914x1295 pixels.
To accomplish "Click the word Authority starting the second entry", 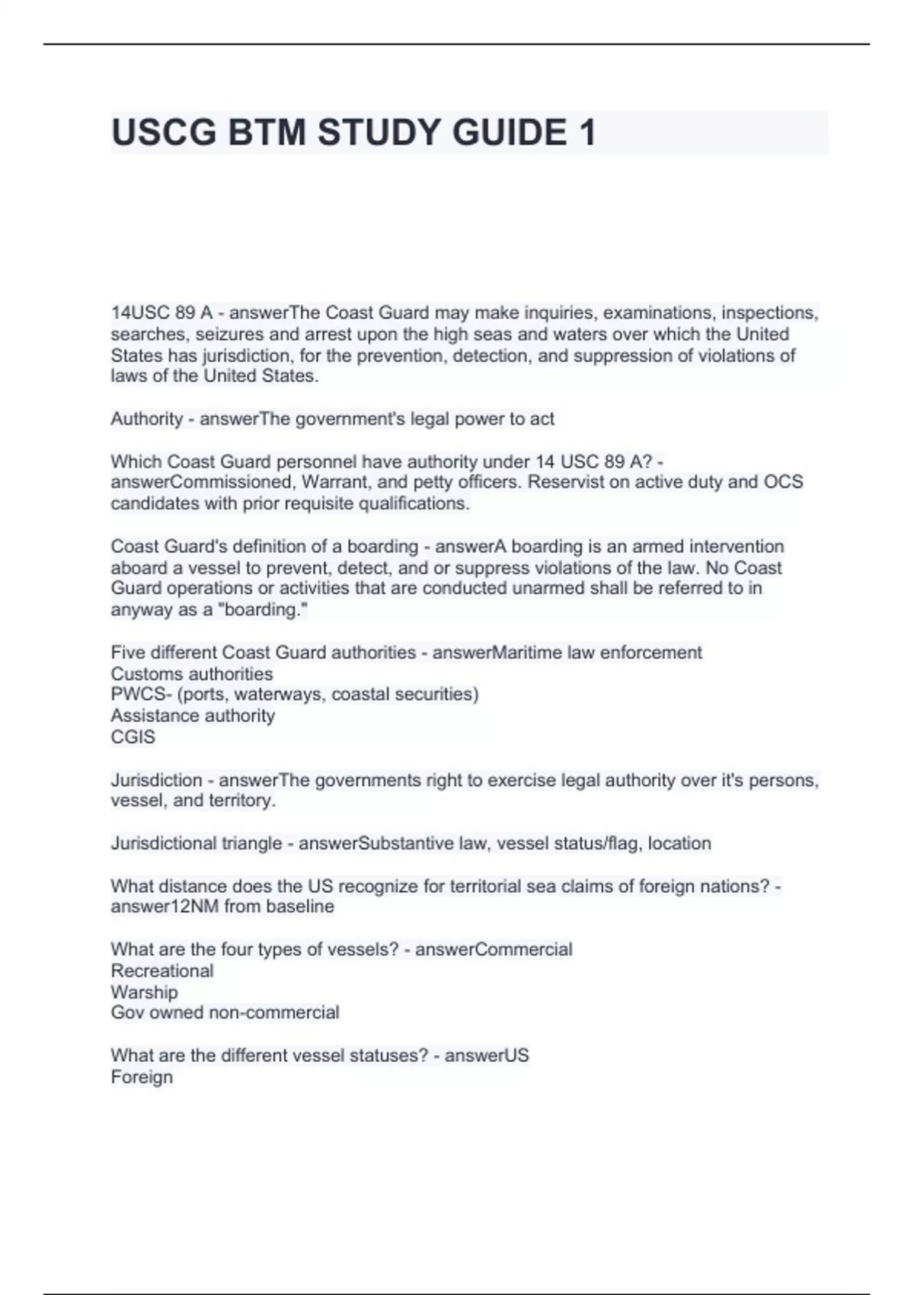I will click(x=146, y=419).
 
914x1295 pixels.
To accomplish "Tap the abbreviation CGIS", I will click(x=133, y=737).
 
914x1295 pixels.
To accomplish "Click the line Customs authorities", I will click(x=191, y=673).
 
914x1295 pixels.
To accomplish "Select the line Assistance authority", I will click(x=193, y=715).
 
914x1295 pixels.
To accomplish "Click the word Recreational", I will click(x=161, y=970).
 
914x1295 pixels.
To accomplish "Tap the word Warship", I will click(x=144, y=992).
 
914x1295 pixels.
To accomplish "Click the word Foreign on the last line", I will click(x=142, y=1077).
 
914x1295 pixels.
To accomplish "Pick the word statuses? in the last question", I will click(x=388, y=1056).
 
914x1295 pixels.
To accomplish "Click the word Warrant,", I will click(x=335, y=482).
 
